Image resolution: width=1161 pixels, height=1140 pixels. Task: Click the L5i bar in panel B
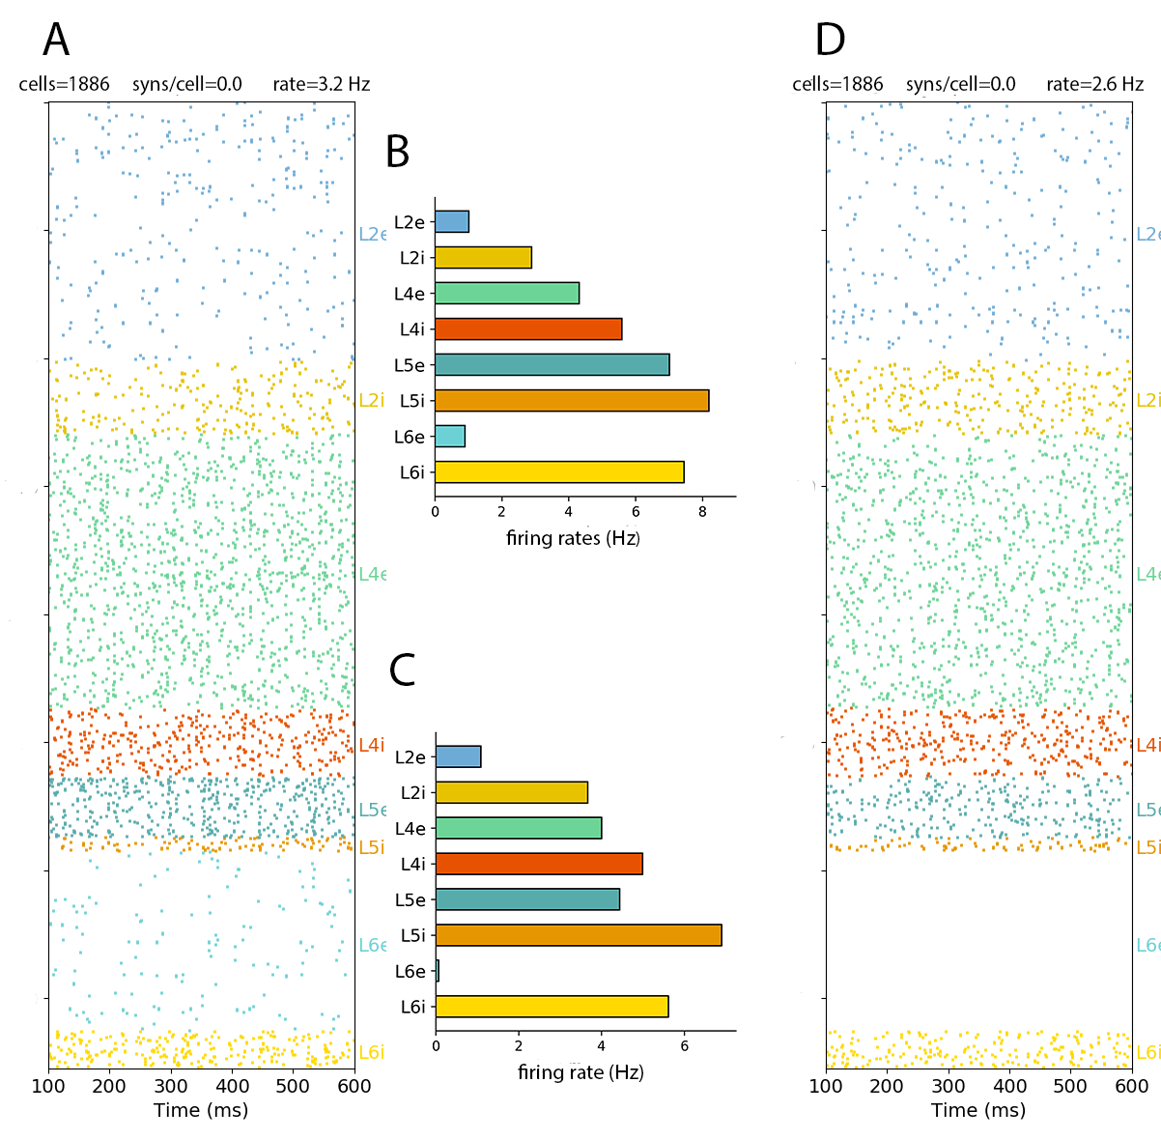pyautogui.click(x=571, y=400)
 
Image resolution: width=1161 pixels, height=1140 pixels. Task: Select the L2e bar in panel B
pyautogui.click(x=451, y=221)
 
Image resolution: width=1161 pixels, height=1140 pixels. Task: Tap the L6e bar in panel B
pyautogui.click(x=449, y=436)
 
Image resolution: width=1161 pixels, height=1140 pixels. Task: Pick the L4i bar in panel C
pyautogui.click(x=538, y=864)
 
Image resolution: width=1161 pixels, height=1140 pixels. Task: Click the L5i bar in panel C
pyautogui.click(x=578, y=935)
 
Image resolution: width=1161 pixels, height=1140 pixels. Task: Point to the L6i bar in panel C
pyautogui.click(x=552, y=1007)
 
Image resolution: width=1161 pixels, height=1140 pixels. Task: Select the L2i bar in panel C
pyautogui.click(x=511, y=792)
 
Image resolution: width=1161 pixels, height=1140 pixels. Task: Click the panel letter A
pyautogui.click(x=56, y=41)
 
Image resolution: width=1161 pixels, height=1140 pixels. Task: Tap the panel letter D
pyautogui.click(x=830, y=41)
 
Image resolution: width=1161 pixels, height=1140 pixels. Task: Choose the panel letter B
pyautogui.click(x=397, y=153)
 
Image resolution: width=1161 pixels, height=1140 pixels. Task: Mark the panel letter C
pyautogui.click(x=402, y=670)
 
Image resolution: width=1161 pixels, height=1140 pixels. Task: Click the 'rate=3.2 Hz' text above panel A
pyautogui.click(x=321, y=85)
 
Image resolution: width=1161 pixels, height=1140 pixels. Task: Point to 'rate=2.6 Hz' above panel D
pyautogui.click(x=1094, y=85)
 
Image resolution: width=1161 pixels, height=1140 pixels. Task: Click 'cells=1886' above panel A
pyautogui.click(x=64, y=85)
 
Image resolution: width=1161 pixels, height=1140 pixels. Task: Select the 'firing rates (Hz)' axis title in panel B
pyautogui.click(x=573, y=538)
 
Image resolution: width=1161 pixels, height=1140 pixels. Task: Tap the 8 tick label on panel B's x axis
pyautogui.click(x=702, y=512)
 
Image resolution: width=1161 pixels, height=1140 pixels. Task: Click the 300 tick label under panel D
pyautogui.click(x=949, y=1086)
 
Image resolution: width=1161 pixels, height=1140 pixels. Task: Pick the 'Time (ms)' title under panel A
pyautogui.click(x=201, y=1110)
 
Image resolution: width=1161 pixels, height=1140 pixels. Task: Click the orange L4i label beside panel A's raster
pyautogui.click(x=371, y=745)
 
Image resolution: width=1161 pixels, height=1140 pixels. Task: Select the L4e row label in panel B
pyautogui.click(x=410, y=294)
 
